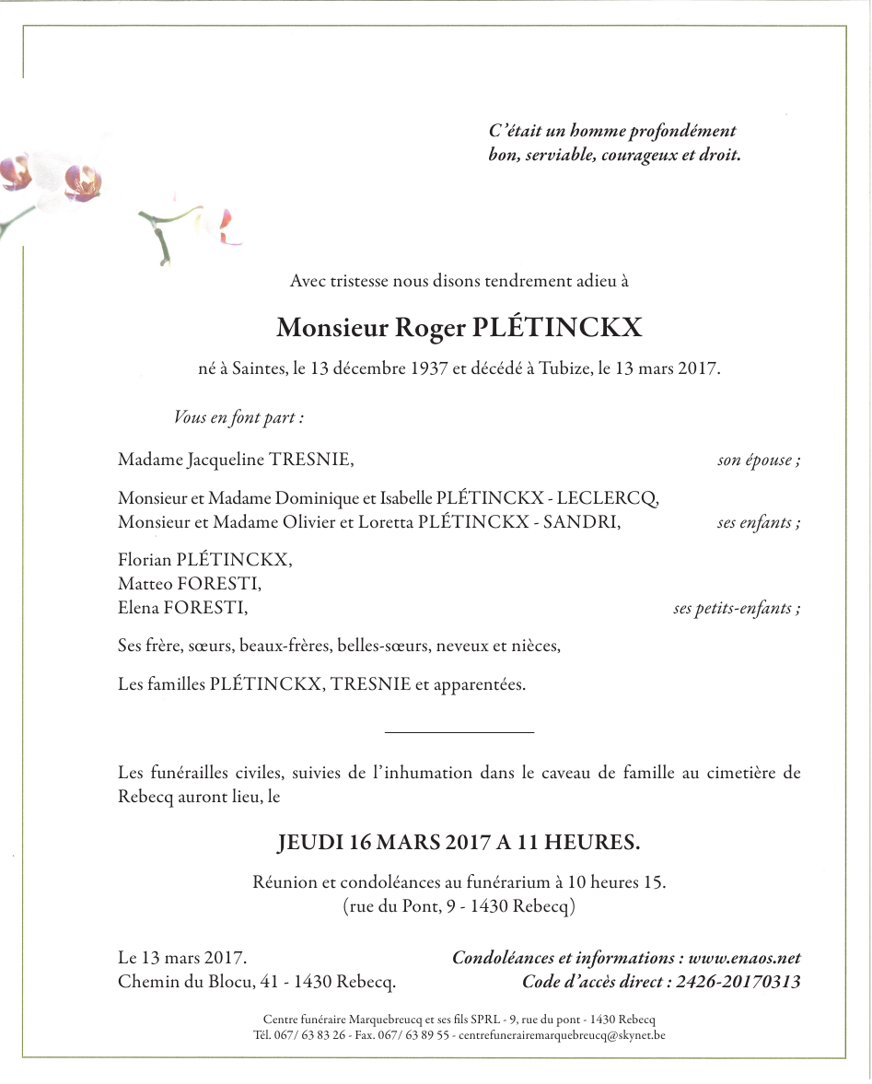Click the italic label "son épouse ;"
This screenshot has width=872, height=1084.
pos(759,460)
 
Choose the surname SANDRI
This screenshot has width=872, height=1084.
pos(587,523)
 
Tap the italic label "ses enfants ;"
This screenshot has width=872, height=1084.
pos(759,523)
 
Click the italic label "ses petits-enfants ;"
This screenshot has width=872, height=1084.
pos(736,608)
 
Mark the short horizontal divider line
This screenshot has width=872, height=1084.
pos(459,732)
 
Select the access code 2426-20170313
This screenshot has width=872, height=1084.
pos(738,982)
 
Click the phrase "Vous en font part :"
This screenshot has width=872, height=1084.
pos(238,417)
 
